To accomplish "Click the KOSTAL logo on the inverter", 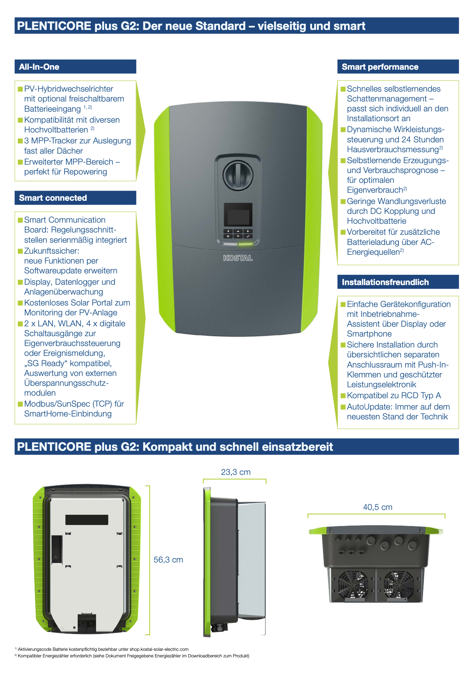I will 238,258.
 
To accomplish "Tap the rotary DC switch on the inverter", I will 238,174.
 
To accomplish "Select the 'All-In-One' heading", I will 39,67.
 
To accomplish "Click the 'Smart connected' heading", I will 53,198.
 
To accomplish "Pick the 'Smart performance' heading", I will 380,67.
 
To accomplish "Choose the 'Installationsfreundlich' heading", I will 385,282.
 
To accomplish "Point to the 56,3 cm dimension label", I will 168,560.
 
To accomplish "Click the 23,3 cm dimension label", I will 236,472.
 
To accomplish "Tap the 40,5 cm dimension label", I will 377,507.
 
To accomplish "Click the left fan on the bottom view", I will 353,584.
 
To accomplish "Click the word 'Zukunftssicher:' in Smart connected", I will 51,251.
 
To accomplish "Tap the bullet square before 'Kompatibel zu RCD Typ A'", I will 343,396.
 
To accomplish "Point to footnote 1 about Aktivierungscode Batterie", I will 102,649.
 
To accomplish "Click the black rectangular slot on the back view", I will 86,519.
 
